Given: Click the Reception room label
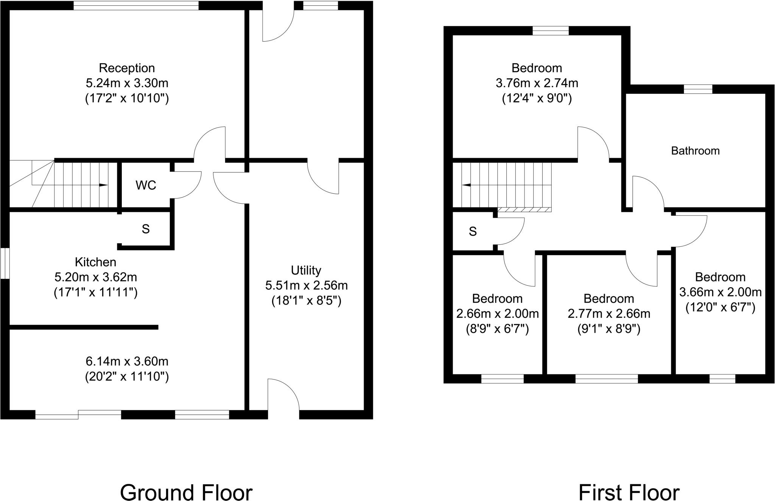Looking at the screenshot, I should tap(127, 68).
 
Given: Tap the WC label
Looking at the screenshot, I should tap(146, 185).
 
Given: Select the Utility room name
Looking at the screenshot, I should tap(306, 270).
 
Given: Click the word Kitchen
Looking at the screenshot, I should tap(95, 262).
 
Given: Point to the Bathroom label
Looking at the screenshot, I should tap(695, 151).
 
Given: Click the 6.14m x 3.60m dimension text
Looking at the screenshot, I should tap(127, 361).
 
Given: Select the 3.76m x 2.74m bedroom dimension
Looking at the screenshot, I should tap(537, 83).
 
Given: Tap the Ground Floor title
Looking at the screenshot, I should tap(186, 482).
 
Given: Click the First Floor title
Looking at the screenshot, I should tap(629, 482).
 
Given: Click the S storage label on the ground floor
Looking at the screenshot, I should tap(146, 229).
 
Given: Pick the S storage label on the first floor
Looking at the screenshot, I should tap(473, 231).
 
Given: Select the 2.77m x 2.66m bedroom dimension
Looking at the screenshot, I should tap(608, 314).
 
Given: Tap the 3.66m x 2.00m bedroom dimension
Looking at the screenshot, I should tap(720, 292).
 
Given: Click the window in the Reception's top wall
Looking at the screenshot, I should tap(136, 5).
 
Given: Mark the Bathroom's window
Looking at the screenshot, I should tap(698, 89).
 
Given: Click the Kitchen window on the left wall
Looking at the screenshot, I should tap(5, 263).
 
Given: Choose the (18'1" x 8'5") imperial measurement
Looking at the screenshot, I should tap(306, 301).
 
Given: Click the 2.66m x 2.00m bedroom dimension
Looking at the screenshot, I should tap(497, 314).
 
